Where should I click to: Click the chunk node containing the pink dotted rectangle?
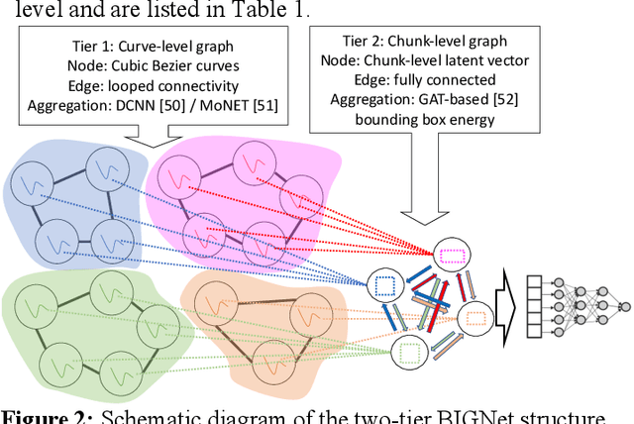pos(451,255)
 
